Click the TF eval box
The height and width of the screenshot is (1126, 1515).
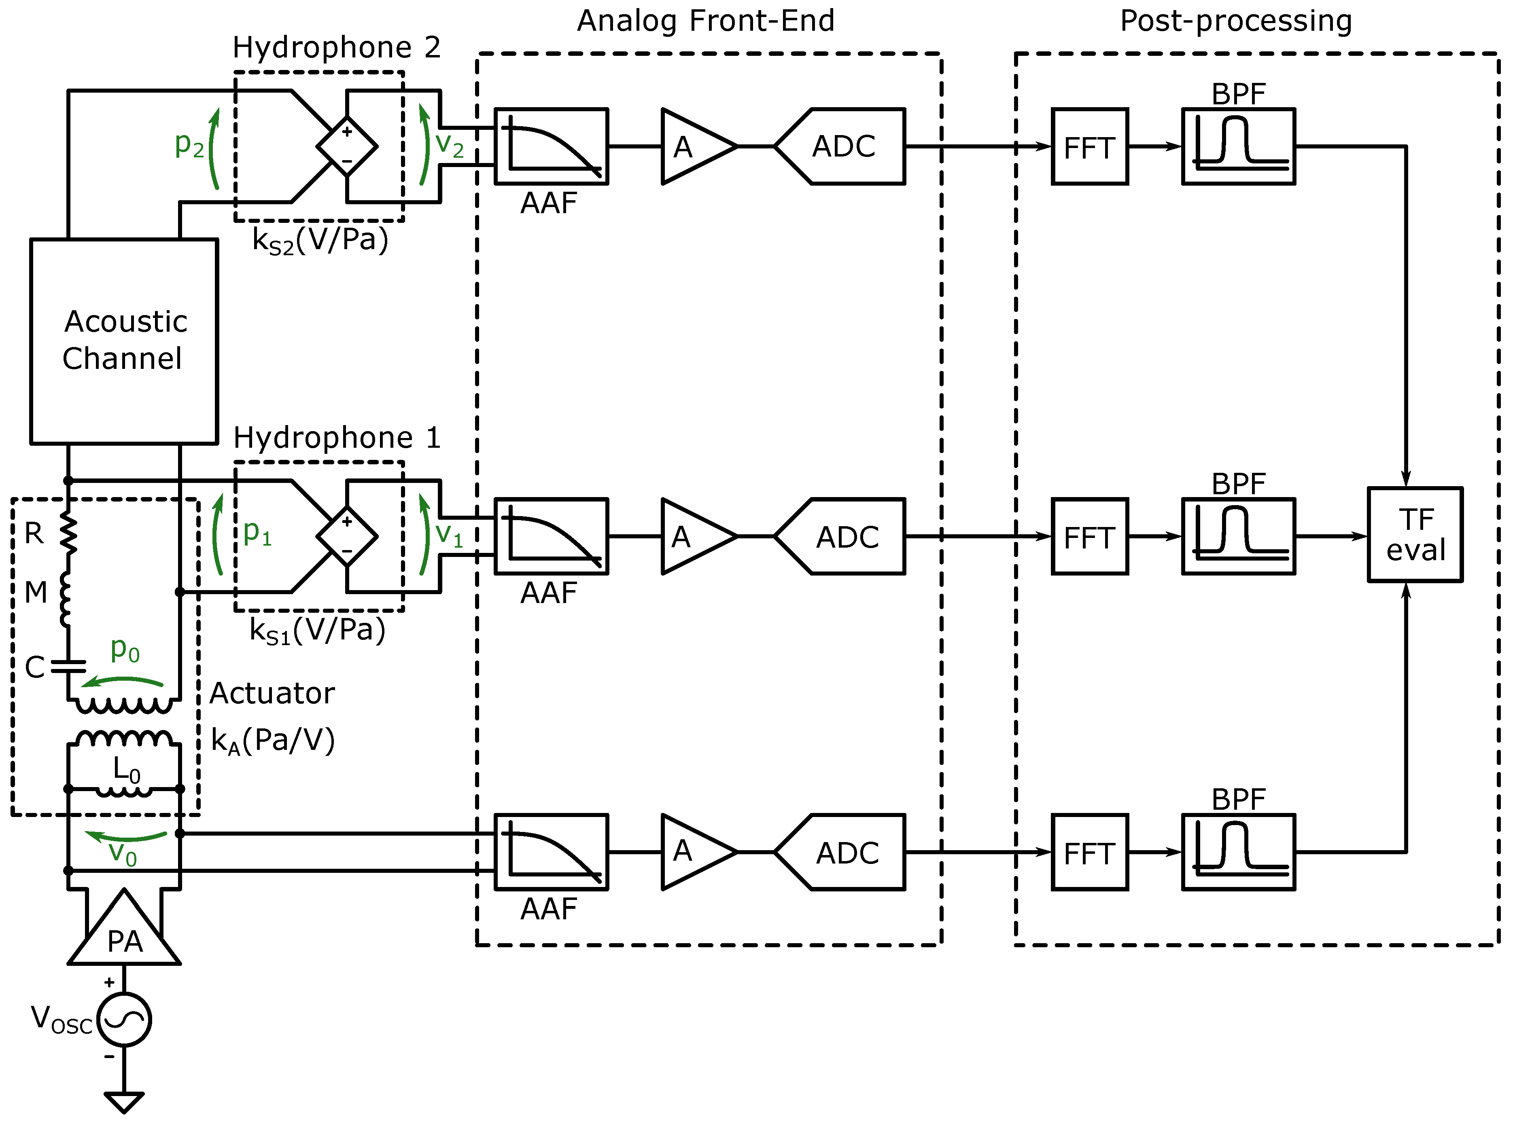pyautogui.click(x=1415, y=535)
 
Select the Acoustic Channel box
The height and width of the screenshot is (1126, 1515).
pyautogui.click(x=124, y=341)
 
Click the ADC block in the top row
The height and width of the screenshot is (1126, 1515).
pyautogui.click(x=842, y=146)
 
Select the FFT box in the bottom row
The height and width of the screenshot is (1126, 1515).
pyautogui.click(x=1089, y=852)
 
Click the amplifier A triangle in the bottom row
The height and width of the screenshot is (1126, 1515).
pyautogui.click(x=696, y=852)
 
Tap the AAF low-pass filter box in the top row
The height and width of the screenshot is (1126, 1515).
pyautogui.click(x=551, y=146)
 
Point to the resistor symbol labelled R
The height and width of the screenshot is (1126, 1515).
pyautogui.click(x=68, y=533)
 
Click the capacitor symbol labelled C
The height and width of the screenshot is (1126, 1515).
pyautogui.click(x=68, y=666)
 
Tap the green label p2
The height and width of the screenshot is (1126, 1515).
pyautogui.click(x=189, y=144)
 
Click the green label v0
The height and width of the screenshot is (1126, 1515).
pyautogui.click(x=123, y=853)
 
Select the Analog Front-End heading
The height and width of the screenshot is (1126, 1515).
pyautogui.click(x=706, y=21)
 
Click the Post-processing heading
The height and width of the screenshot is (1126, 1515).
pyautogui.click(x=1235, y=21)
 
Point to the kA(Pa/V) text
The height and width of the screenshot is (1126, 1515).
pyautogui.click(x=273, y=741)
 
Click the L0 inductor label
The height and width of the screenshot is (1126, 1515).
pyautogui.click(x=127, y=770)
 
